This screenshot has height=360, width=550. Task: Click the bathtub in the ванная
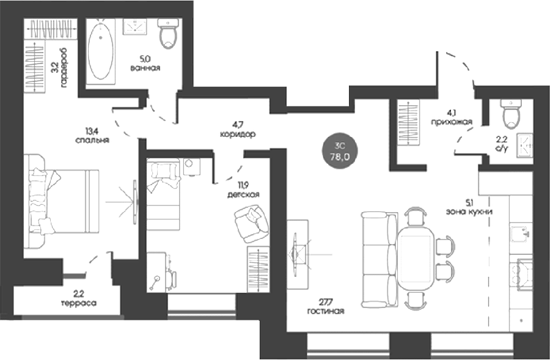100,51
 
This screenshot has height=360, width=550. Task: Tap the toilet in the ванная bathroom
169,34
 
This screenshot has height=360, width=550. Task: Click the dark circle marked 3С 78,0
339,152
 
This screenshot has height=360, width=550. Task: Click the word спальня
92,139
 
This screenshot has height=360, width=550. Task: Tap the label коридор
238,134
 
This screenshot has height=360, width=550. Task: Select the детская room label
243,194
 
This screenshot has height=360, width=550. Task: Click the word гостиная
326,311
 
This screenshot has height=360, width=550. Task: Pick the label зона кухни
469,211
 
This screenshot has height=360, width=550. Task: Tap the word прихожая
452,122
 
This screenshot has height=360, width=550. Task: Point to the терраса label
79,303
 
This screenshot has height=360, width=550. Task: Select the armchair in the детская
251,224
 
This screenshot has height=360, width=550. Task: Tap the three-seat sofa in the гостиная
380,260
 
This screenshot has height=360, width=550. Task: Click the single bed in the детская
163,194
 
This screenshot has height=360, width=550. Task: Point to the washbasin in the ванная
134,27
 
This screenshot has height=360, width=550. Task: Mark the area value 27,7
326,302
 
